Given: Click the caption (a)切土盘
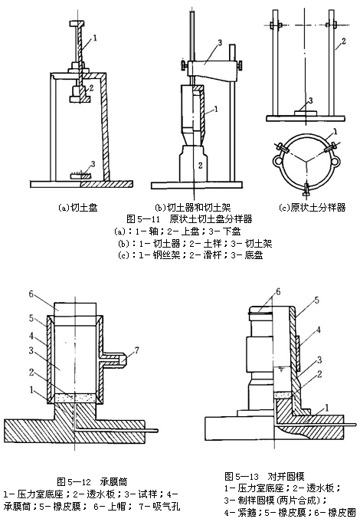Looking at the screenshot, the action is pos(78,208).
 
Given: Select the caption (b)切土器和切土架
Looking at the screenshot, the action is pos(193,208).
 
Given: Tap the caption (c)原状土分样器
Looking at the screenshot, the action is pos(312,208).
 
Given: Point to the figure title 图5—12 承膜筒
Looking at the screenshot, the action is pos(92,481).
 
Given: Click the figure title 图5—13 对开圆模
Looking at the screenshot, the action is pos(264,476).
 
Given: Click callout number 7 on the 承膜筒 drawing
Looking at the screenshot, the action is pos(136,350).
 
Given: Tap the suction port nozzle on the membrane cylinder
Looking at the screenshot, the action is pos(122,359).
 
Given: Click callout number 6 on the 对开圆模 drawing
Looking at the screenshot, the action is pos(278,292).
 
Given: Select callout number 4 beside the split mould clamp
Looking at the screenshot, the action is pos(319,330).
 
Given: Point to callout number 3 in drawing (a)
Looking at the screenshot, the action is pos(93,164).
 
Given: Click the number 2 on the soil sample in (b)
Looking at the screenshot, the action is pos(200,165).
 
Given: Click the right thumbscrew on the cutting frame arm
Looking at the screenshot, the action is pos(239,66).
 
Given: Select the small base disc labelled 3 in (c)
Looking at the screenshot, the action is pos(305,113).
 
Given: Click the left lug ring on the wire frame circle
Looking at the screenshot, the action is pos(277,161).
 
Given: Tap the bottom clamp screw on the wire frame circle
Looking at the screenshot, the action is pos(306,190).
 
